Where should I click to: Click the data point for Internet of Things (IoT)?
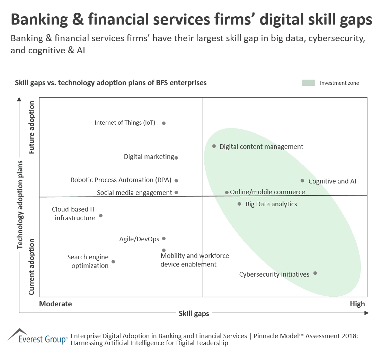164,123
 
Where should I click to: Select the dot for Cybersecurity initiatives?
315,273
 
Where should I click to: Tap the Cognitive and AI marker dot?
302,181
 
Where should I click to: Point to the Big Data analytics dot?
239,204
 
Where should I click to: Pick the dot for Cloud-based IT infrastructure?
101,216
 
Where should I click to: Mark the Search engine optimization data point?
113,262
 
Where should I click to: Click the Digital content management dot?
214,146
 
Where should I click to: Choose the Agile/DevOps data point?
164,238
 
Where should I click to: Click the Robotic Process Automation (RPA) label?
122,180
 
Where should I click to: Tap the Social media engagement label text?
134,193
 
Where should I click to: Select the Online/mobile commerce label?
267,192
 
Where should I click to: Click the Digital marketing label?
149,157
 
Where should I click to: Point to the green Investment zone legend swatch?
309,83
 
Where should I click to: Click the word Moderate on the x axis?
55,304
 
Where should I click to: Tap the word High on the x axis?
357,304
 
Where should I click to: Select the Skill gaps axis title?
194,314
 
